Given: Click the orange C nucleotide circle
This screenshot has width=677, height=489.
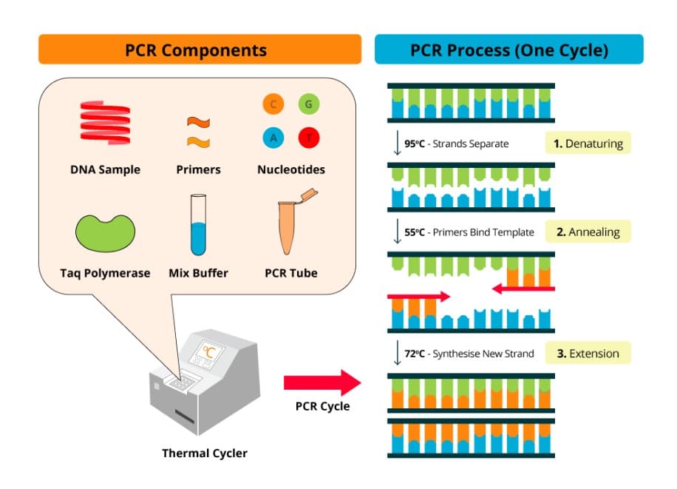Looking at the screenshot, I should [273, 104].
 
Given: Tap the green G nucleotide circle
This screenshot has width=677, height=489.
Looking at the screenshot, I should [308, 104].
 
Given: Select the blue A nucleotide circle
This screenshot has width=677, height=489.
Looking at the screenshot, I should [273, 138].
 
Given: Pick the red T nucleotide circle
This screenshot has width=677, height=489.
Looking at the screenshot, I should [308, 138].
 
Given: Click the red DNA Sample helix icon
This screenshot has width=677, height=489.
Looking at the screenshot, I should [104, 124].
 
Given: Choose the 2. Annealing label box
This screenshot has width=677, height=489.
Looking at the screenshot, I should [588, 232].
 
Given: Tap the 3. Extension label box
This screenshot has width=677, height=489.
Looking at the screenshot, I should [588, 353].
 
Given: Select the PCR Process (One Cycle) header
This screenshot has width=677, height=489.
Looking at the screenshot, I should [508, 50].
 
